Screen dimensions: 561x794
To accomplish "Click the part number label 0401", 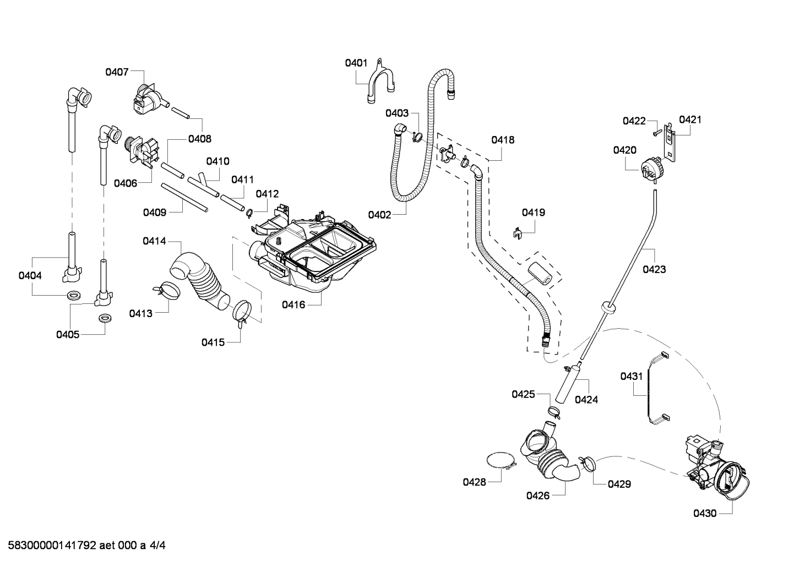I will coord(356,63).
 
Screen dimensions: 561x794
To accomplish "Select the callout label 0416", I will coord(293,304).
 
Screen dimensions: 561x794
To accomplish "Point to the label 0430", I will coord(705,513).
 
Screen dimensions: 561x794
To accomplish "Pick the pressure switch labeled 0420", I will coord(650,167).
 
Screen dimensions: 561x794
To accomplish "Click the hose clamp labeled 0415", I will coord(241,312).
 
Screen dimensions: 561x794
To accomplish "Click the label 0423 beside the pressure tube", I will coord(654,269).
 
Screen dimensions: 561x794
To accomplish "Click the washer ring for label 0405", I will coord(103,319).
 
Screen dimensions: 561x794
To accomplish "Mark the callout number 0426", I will coord(538,495).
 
